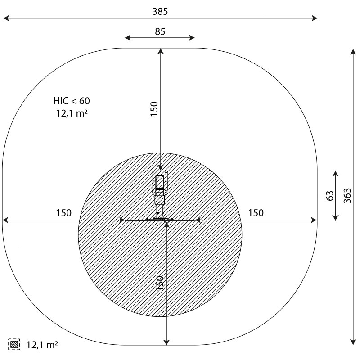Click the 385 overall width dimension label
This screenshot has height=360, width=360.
tap(160, 12)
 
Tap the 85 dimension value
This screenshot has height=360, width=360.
tap(160, 31)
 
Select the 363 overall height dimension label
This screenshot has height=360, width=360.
tap(347, 196)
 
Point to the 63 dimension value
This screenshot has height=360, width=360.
tap(330, 196)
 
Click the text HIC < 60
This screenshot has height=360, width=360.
tap(72, 101)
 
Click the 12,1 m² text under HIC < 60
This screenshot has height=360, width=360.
tap(72, 113)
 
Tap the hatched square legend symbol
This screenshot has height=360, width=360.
tap(14, 344)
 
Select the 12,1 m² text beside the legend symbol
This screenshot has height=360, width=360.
tap(42, 345)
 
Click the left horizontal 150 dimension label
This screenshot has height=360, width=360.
tap(64, 213)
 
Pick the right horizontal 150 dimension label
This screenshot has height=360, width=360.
tap(256, 213)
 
